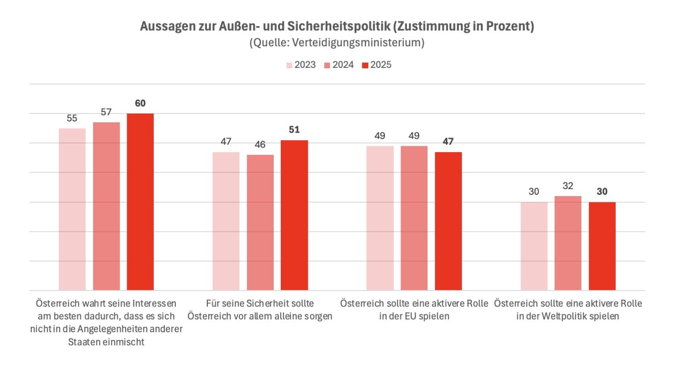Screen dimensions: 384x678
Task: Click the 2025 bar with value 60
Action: tap(140, 202)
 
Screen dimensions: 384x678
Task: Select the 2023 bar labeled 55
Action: tap(72, 209)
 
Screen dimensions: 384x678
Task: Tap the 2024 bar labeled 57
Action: tap(106, 206)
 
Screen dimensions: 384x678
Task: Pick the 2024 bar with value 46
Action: tap(260, 222)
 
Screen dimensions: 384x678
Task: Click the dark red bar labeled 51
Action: tap(295, 215)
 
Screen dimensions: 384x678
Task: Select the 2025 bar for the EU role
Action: tap(448, 221)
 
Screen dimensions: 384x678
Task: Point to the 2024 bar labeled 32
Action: tap(568, 243)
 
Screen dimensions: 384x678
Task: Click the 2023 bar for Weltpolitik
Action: tap(534, 246)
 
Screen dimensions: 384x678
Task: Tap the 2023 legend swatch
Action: tap(289, 65)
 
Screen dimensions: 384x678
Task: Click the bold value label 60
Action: tap(140, 103)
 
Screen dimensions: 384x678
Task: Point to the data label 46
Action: tap(260, 144)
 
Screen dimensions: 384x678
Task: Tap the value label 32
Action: tap(568, 186)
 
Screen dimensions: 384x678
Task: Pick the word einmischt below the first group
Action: tap(124, 342)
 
